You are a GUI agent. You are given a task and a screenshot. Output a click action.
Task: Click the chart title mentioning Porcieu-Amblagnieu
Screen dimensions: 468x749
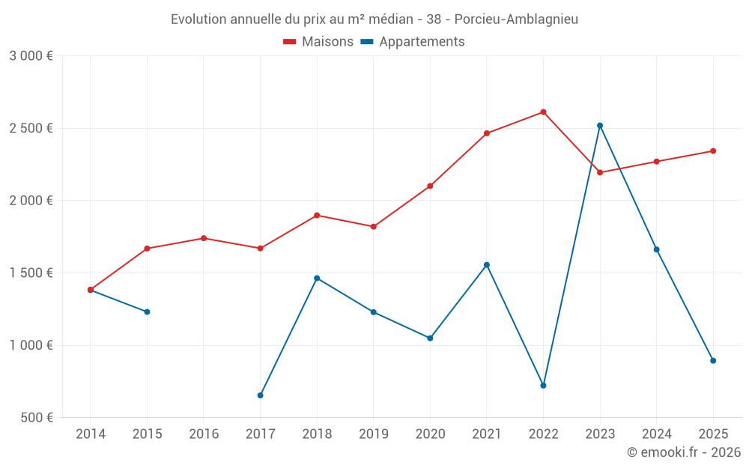coord(374,19)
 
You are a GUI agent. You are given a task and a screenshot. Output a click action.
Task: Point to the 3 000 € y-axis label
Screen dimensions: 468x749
coord(31,56)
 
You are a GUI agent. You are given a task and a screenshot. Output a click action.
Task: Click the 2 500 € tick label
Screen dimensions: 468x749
coord(31,128)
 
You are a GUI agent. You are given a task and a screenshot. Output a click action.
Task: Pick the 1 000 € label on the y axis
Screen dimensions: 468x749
coord(31,345)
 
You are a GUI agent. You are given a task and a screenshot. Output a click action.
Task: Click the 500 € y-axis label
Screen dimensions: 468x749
coord(36,418)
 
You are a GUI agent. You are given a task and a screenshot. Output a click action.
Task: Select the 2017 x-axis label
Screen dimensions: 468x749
coord(260,434)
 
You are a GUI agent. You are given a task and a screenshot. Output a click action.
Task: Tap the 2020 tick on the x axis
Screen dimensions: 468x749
coord(430,434)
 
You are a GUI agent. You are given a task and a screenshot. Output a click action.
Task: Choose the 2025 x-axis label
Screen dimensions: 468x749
coord(713,434)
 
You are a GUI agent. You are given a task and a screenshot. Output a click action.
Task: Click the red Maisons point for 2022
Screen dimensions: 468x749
coord(543,112)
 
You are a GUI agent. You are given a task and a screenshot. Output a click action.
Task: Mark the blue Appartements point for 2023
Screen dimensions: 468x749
coord(600,125)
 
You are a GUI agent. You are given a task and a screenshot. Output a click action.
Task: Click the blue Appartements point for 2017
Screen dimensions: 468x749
coord(260,395)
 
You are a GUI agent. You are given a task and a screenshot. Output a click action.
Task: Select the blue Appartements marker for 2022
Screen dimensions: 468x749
coord(543,386)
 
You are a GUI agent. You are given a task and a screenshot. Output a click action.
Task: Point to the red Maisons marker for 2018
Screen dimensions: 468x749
coord(317,216)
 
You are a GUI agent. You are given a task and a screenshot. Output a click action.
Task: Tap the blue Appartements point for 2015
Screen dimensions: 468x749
coord(147,312)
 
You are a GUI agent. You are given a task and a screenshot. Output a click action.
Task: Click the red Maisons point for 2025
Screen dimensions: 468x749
coord(713,151)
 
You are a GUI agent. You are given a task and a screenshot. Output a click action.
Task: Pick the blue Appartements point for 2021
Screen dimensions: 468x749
coord(487,265)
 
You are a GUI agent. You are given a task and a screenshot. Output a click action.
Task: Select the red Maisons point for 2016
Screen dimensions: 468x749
coord(204,238)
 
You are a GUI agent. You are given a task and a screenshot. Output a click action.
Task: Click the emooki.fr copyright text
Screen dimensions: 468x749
coord(683,452)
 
